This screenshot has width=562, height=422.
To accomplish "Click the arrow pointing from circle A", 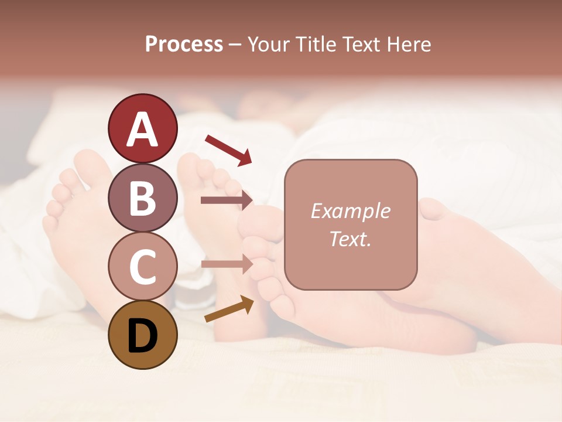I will [x=228, y=149].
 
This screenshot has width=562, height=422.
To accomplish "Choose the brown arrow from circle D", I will [x=229, y=309].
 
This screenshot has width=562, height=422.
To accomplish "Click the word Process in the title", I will [x=184, y=44].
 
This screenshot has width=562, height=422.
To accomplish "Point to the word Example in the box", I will [x=351, y=211].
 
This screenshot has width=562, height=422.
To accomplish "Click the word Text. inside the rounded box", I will [x=351, y=239].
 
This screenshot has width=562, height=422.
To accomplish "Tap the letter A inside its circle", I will [x=142, y=130].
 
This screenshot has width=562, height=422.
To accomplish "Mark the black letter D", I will [x=142, y=336].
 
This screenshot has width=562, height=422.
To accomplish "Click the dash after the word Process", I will [x=235, y=45].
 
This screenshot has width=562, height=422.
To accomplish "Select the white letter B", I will [x=142, y=198].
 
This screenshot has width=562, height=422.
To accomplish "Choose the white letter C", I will [x=142, y=267].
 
